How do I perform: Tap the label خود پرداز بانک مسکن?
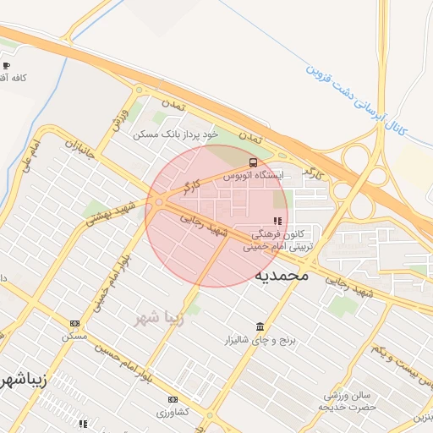[x=175, y=134]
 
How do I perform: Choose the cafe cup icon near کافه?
[x=7, y=65]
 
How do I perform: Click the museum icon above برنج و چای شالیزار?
[x=260, y=326]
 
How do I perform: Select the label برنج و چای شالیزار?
[x=252, y=340]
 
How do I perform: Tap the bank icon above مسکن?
[x=74, y=323]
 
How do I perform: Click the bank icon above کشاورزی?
[x=173, y=399]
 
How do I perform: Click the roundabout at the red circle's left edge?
[x=159, y=202]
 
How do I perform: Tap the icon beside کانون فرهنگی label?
[x=278, y=221]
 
